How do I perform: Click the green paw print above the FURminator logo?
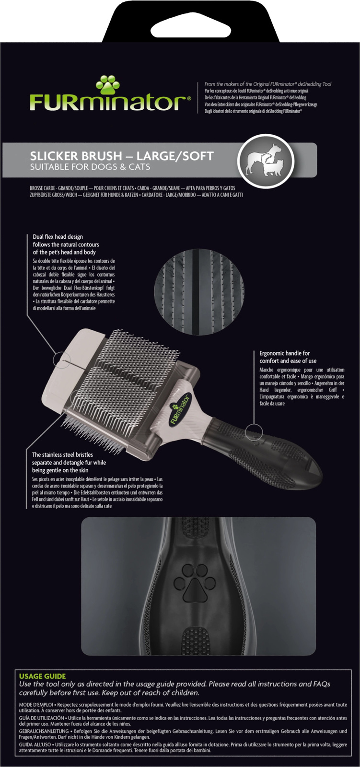click(108, 84)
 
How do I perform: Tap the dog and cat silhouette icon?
click(266, 161)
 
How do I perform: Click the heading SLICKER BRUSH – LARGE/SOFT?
click(122, 156)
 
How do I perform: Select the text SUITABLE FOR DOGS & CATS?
click(90, 167)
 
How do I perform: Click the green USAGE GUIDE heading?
click(42, 676)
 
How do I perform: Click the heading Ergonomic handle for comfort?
click(288, 357)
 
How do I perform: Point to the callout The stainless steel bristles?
click(69, 462)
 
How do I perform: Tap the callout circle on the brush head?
click(62, 360)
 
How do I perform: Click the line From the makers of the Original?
click(268, 84)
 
